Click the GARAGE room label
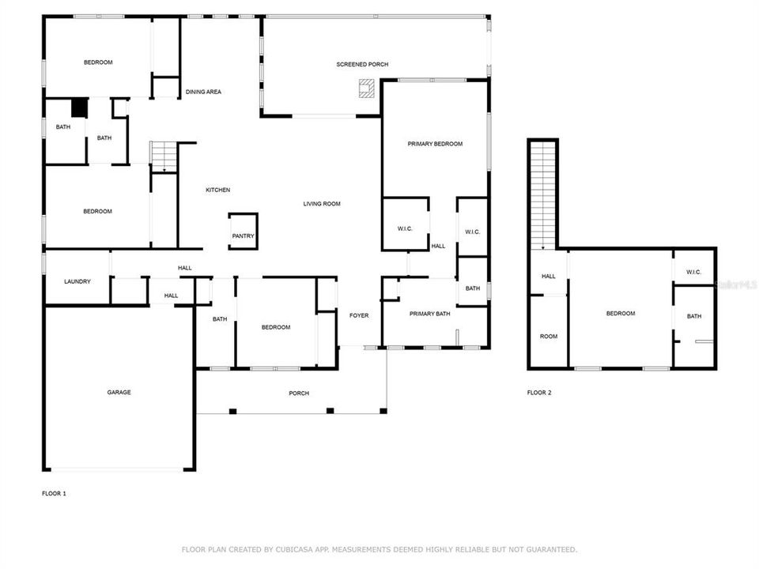tap(119, 392)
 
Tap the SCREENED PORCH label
tap(362, 64)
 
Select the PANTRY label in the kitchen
tap(243, 236)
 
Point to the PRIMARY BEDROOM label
tap(435, 144)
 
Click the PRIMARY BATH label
tap(429, 314)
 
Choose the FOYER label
tap(359, 315)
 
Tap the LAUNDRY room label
tap(77, 281)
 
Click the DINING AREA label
tap(203, 92)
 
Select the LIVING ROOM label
tap(322, 204)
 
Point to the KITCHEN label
tap(218, 190)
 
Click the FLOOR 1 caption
tap(54, 493)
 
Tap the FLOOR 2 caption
tap(539, 392)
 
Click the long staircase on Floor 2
tap(543, 194)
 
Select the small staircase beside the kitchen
tap(164, 156)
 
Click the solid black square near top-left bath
tap(79, 107)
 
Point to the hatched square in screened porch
tap(367, 89)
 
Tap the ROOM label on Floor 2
tap(548, 336)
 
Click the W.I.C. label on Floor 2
tap(693, 272)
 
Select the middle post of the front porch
tap(330, 410)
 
